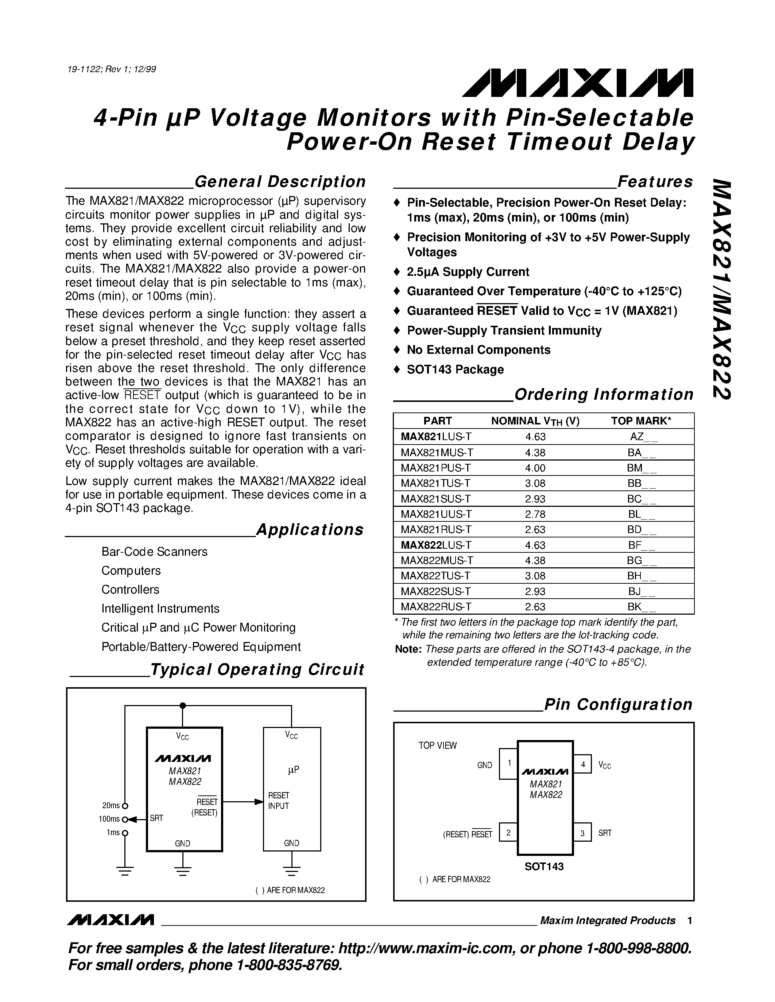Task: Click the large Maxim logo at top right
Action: [578, 83]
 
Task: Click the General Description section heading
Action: [280, 182]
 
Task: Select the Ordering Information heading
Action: [604, 395]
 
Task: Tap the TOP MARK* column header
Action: [641, 421]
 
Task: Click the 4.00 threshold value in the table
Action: [535, 468]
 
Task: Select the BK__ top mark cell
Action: [642, 607]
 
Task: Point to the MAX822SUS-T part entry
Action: [436, 591]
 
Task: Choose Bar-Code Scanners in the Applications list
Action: [154, 552]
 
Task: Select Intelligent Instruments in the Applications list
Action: [160, 608]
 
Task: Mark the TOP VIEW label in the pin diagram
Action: [437, 745]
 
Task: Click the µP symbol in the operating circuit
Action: [293, 770]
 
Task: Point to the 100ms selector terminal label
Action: [109, 819]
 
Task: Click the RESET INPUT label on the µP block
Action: [278, 801]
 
